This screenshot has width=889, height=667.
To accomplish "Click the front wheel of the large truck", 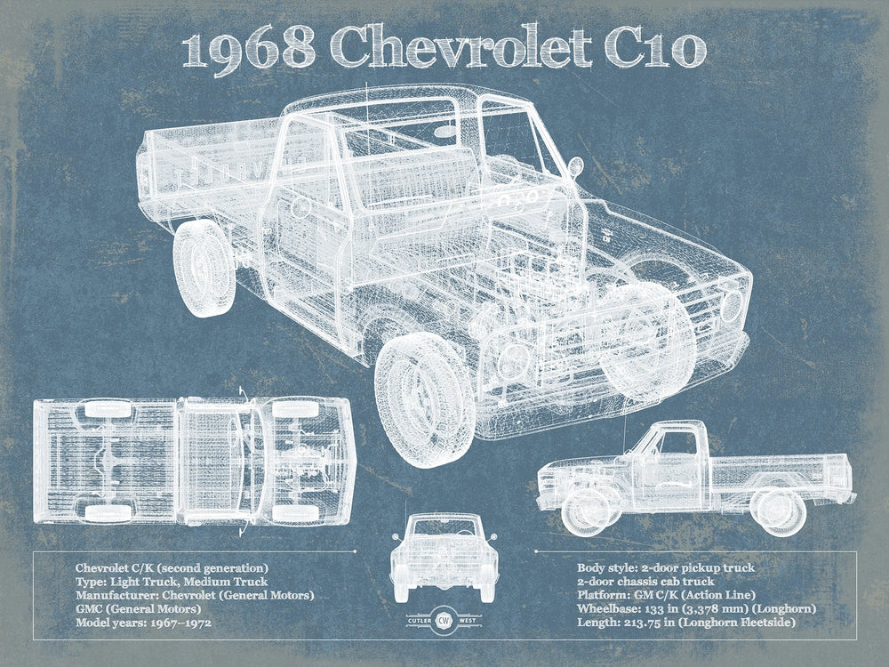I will coord(425,398).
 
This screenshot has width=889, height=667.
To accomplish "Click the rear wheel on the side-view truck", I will coord(780,510).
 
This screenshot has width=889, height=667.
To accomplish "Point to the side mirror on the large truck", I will coord(575,166).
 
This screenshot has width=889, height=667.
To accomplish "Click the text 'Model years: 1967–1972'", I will coord(143,623).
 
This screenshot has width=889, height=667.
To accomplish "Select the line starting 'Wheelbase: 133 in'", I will coord(696,608).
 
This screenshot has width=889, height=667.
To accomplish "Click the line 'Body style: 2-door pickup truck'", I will coord(666,567).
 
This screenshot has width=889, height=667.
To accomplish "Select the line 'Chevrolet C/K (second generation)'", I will coord(172,567).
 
